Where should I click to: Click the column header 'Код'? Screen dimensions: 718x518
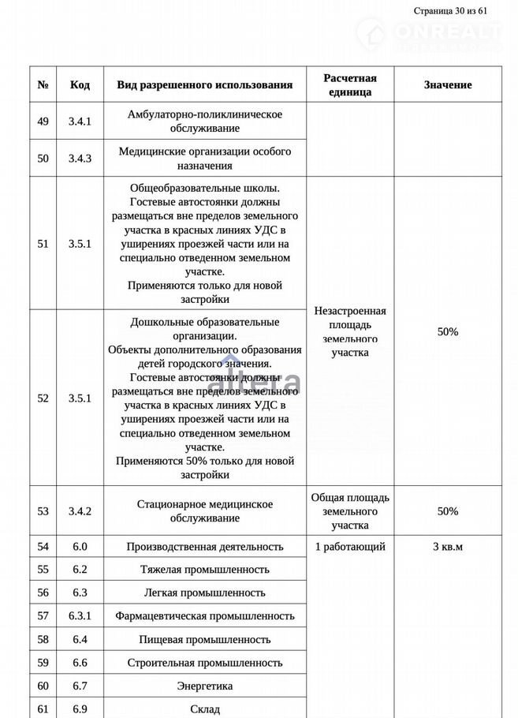point(80,84)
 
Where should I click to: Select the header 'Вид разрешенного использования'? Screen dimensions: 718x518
point(205,84)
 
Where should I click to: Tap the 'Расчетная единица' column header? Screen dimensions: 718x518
point(350,84)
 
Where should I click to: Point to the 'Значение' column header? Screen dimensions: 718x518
point(448,84)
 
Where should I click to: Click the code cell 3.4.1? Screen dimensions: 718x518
point(80,122)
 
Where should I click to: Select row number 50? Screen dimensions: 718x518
point(43,158)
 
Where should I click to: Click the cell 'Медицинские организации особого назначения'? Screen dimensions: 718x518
point(205,158)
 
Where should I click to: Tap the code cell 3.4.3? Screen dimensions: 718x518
point(80,158)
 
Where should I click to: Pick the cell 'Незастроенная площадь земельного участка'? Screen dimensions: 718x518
point(350,331)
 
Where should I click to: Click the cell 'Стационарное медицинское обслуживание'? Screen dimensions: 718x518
point(205,511)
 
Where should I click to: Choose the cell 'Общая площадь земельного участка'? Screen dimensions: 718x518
point(350,511)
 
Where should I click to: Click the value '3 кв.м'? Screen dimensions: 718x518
point(448,546)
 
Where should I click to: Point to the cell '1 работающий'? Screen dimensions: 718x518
point(350,546)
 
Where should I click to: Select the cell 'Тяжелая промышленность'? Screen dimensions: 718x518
point(205,569)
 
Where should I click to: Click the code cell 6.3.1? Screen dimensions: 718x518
point(80,615)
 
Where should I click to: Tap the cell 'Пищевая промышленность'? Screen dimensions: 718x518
point(205,639)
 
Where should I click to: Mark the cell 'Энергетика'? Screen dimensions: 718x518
point(205,686)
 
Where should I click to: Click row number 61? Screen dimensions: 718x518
point(43,709)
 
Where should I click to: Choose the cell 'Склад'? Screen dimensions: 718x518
point(205,709)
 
